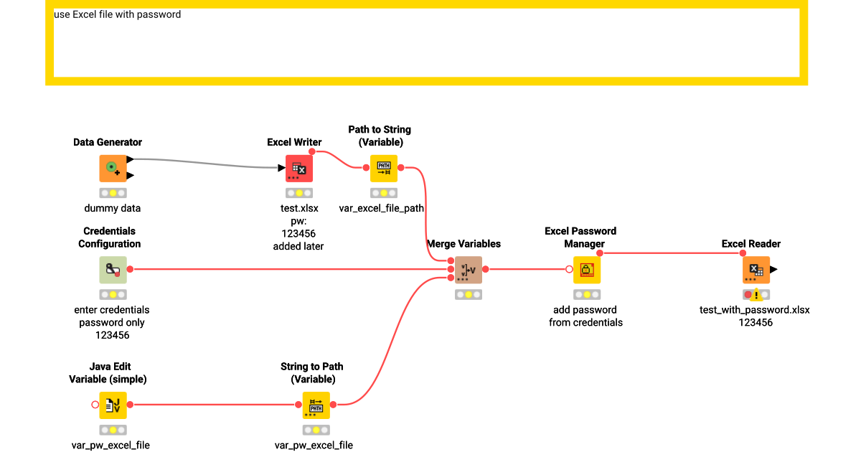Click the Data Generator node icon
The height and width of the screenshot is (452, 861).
pos(113,169)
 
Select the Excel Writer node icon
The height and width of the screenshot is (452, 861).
pos(299,169)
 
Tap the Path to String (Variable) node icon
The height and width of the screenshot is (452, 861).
pos(383,169)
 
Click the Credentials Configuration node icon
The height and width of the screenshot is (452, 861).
pos(113,270)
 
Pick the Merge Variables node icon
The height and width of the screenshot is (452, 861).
pos(468,270)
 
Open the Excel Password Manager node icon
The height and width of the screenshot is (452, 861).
pos(586,270)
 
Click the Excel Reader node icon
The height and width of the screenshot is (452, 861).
pos(756,270)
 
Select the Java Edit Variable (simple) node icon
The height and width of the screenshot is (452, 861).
pos(113,405)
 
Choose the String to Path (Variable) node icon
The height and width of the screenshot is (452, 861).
pos(316,405)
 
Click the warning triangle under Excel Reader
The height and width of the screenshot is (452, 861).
pos(756,295)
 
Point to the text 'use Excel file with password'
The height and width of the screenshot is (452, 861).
pos(118,14)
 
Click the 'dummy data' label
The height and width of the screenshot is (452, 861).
pos(113,208)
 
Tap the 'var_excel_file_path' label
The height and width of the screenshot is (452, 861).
pos(382,208)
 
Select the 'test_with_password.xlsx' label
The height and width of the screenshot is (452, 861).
pos(754,310)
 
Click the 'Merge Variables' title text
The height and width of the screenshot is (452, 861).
pos(464,244)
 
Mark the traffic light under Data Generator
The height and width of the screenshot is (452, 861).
pos(113,193)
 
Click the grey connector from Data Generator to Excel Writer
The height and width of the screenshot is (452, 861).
pos(208,163)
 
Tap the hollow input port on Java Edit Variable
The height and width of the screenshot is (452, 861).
pos(95,405)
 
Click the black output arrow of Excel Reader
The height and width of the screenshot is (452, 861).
pos(773,270)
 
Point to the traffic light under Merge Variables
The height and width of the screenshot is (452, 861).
pos(468,294)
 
